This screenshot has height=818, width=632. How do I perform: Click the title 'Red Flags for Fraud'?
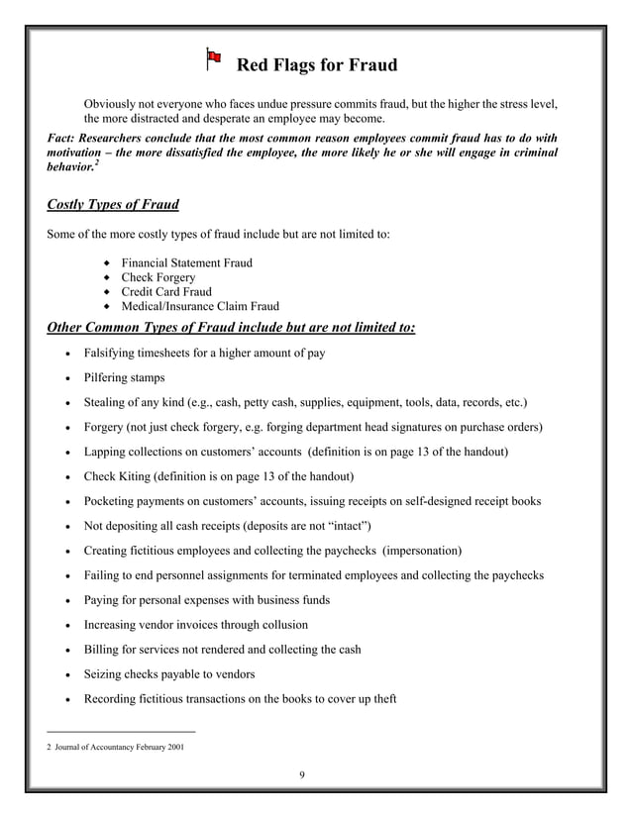pos(317,65)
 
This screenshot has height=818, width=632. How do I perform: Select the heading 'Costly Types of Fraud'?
pos(113,205)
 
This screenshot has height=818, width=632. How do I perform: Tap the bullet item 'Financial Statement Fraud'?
pos(186,262)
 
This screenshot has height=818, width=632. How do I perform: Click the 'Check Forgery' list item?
pos(158,277)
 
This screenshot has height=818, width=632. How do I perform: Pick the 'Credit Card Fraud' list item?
pos(166,292)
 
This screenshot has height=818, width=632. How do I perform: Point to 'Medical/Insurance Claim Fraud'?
pos(200,307)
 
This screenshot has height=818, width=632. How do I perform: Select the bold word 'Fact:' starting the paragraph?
pos(64,138)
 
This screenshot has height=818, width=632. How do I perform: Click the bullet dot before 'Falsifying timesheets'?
pos(65,354)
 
